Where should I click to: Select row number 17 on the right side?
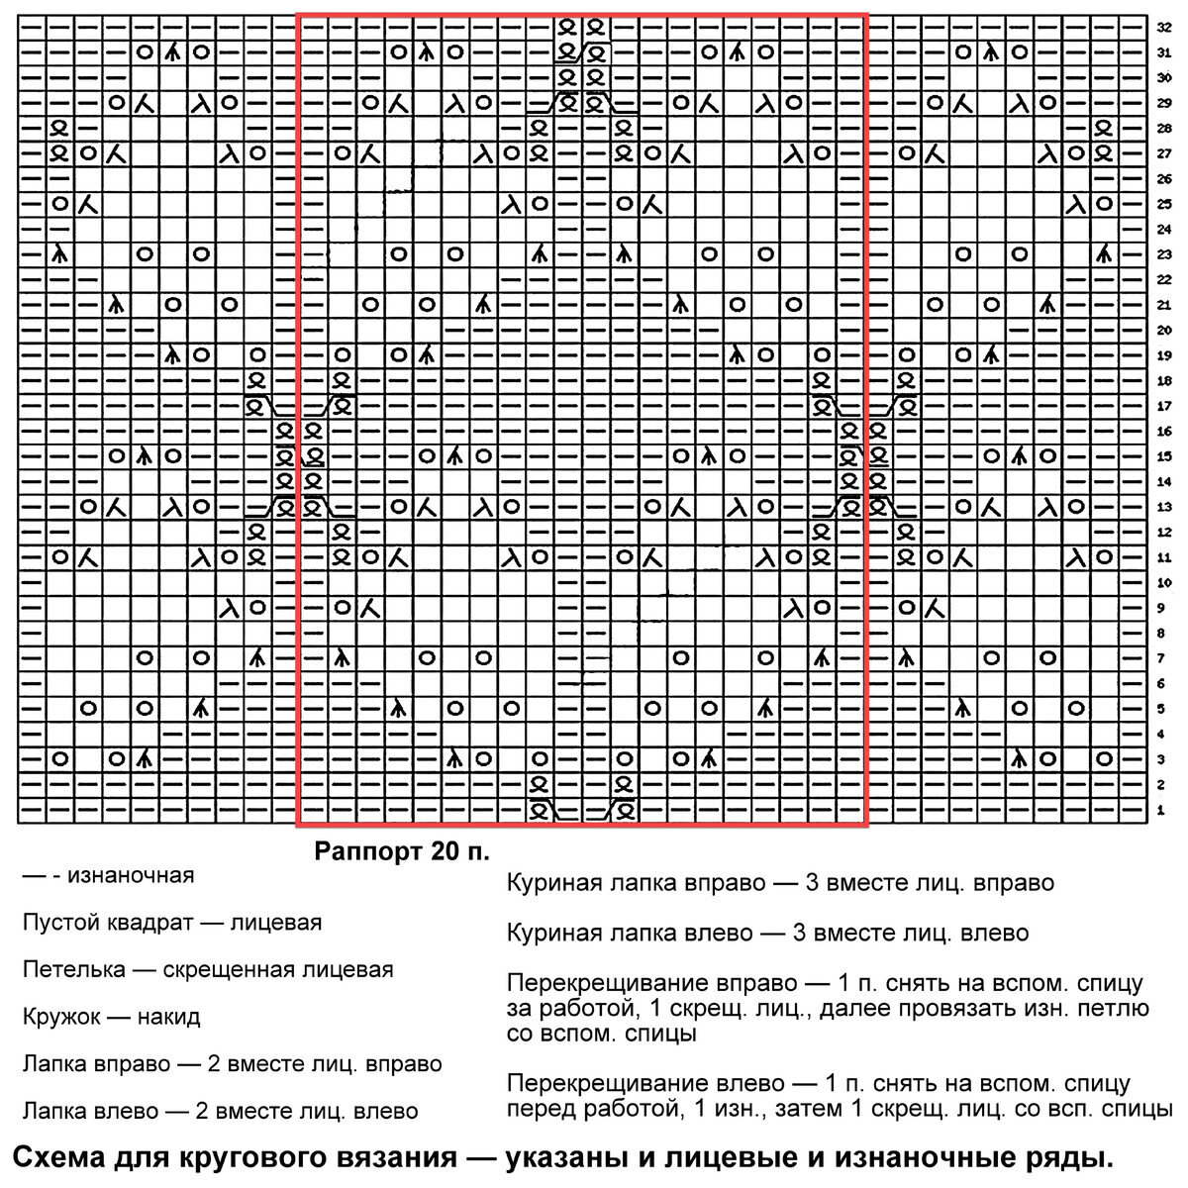click(1164, 407)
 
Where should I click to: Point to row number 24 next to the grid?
click(1164, 230)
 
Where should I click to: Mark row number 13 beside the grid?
click(1164, 508)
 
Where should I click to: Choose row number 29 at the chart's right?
click(1164, 103)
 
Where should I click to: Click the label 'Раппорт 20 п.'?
click(402, 850)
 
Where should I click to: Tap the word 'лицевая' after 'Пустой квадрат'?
click(276, 923)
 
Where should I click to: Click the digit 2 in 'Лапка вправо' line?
click(217, 1064)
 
